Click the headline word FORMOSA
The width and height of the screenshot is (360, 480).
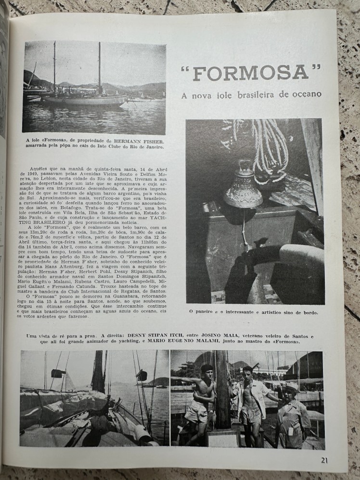point(252,73)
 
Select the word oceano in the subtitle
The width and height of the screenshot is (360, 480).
point(307,94)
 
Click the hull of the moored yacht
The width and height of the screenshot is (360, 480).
point(87,101)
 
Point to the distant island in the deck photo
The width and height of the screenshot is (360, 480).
point(155,382)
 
